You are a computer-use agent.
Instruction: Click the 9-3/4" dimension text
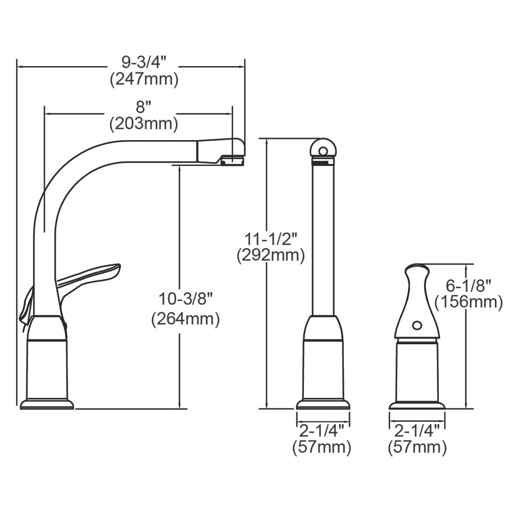tap(144, 63)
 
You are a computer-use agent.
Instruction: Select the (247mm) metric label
tap(144, 80)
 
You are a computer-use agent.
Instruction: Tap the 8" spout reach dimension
tap(143, 107)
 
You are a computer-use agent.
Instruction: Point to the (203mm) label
tap(143, 124)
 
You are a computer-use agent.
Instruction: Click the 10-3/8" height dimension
tap(186, 298)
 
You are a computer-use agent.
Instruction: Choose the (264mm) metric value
tap(186, 319)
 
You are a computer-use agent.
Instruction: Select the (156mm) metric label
tap(469, 301)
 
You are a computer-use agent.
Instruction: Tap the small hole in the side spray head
tap(417, 326)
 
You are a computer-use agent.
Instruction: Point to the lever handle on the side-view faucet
tap(90, 277)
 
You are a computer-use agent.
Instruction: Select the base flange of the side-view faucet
tap(47, 403)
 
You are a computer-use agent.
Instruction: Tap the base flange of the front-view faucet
tap(323, 404)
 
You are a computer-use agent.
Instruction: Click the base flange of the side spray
tap(417, 405)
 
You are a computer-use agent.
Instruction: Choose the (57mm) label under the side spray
tap(417, 447)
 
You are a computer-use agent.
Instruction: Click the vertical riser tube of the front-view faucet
tap(323, 238)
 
